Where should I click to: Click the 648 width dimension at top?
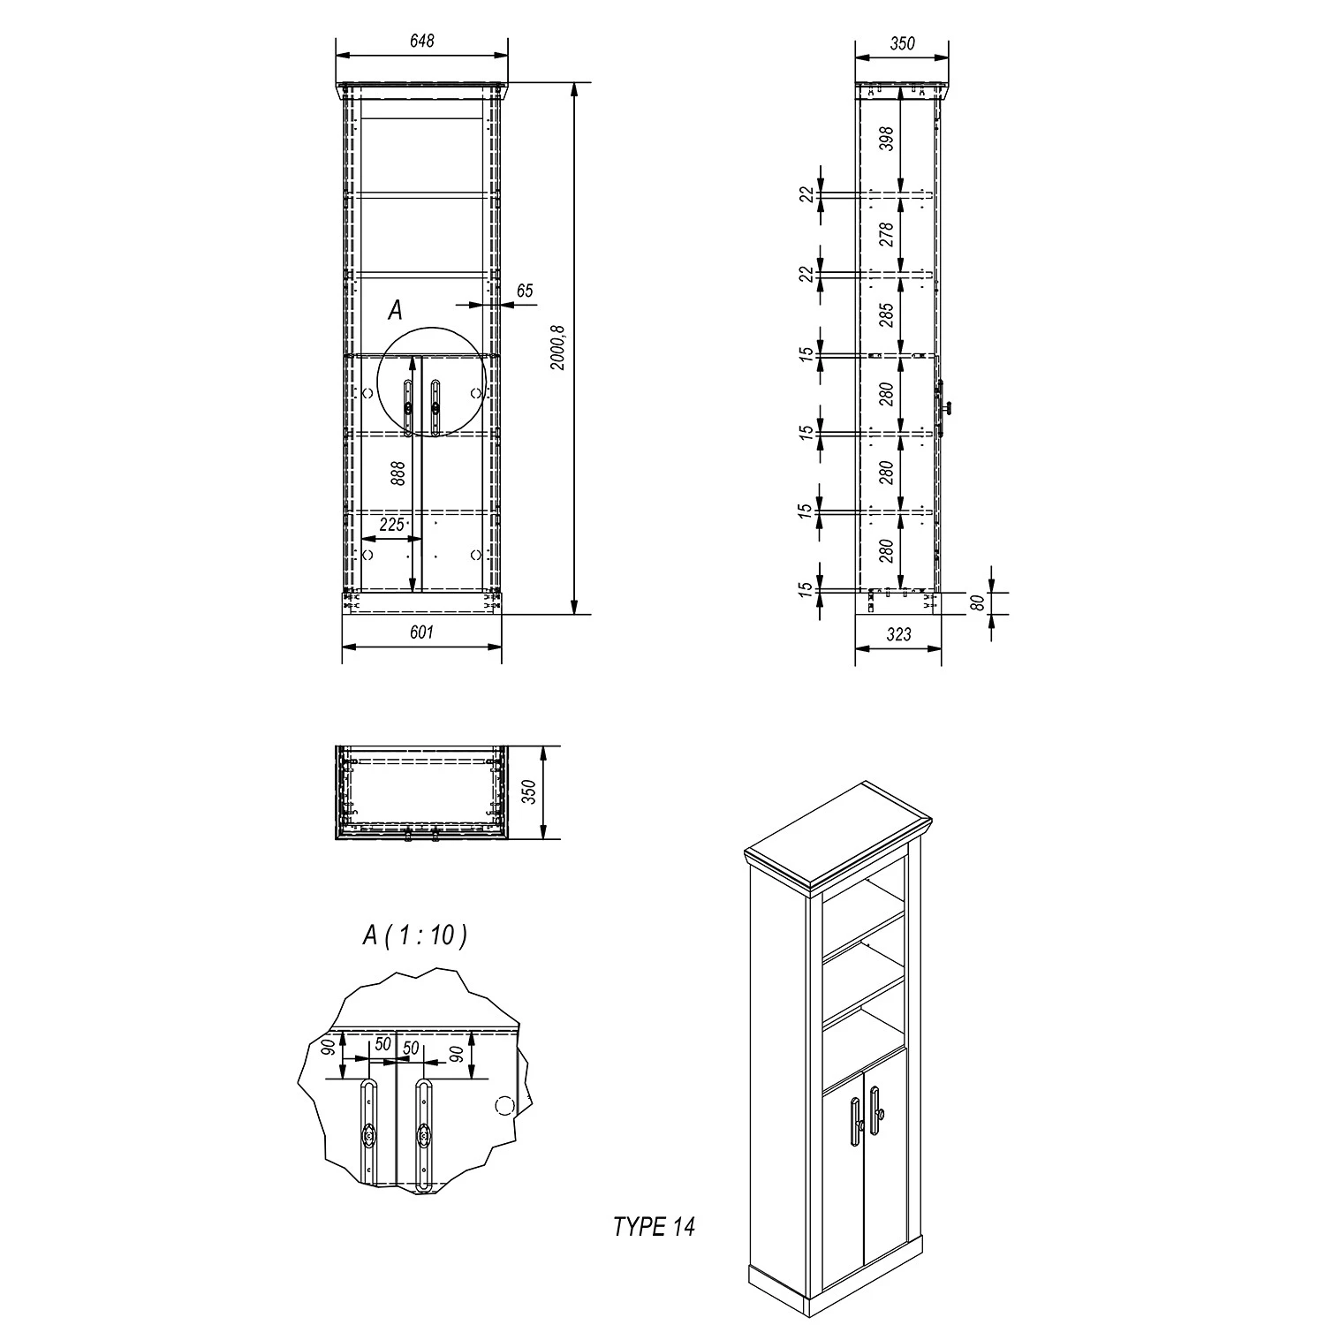[x=422, y=42]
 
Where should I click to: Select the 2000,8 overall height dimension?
[x=557, y=347]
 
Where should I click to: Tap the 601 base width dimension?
[x=422, y=632]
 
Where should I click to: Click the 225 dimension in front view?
[x=391, y=525]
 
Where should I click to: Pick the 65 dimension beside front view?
[x=525, y=291]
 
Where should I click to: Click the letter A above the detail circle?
[x=395, y=310]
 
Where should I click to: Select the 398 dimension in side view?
[x=887, y=140]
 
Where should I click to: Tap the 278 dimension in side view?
[x=887, y=234]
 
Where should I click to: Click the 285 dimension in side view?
[x=887, y=315]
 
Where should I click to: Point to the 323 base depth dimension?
[x=898, y=634]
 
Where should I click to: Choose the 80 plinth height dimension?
[x=978, y=604]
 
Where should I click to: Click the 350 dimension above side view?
[x=902, y=43]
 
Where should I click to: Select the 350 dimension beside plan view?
[x=529, y=792]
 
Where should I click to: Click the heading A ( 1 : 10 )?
[x=414, y=936]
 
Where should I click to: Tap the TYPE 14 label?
[x=654, y=1227]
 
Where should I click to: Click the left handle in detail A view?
[x=367, y=1136]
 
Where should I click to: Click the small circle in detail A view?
[x=504, y=1105]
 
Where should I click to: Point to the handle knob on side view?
[x=948, y=408]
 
